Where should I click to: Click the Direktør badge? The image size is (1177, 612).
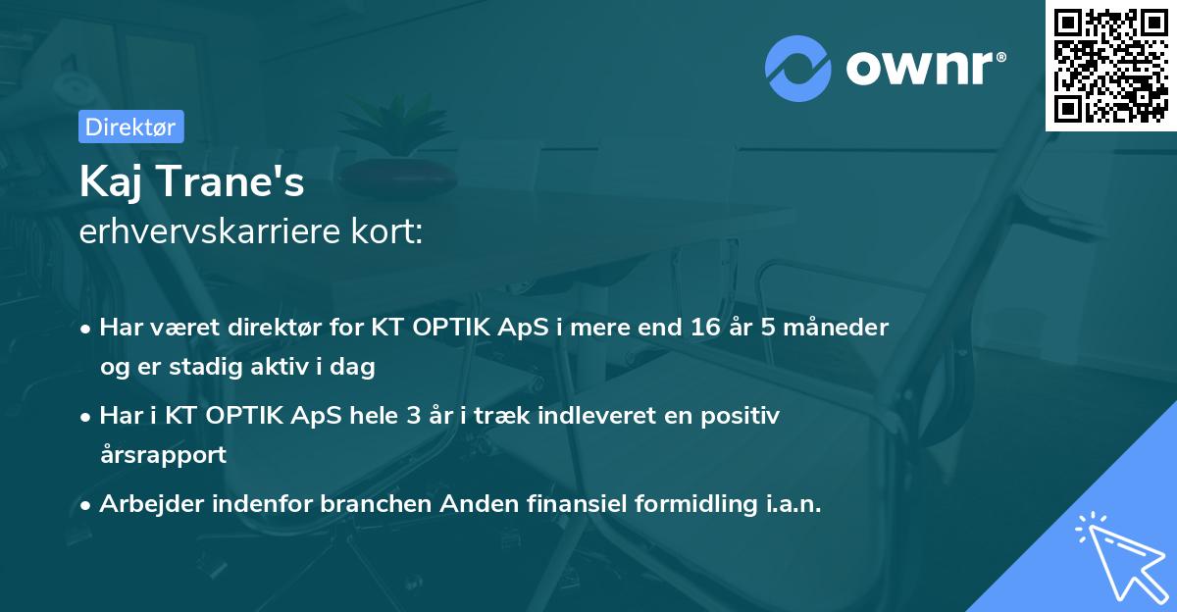coord(130,127)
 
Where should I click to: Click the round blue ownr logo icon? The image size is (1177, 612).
coord(796,69)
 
